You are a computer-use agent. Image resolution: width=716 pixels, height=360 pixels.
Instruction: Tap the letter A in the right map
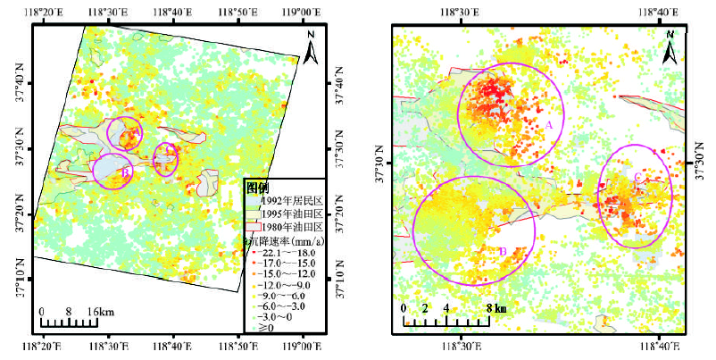point(549,126)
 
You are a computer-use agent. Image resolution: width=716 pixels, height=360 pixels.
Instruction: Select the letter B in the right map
point(503,251)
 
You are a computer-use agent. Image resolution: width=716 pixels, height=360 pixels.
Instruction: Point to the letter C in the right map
point(637,178)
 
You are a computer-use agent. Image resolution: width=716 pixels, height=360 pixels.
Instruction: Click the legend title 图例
point(258,187)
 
